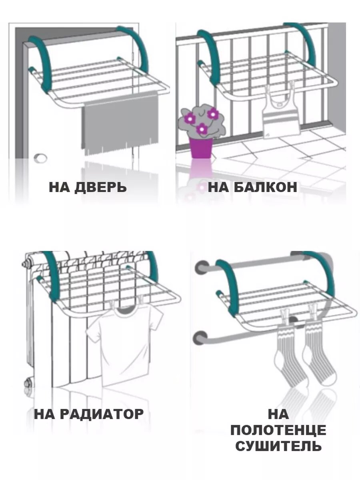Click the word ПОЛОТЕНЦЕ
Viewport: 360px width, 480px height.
[x=278, y=430]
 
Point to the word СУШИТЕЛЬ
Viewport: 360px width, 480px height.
[x=278, y=446]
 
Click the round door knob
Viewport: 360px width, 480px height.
[x=40, y=158]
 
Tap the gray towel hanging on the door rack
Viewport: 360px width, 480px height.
[x=120, y=122]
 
